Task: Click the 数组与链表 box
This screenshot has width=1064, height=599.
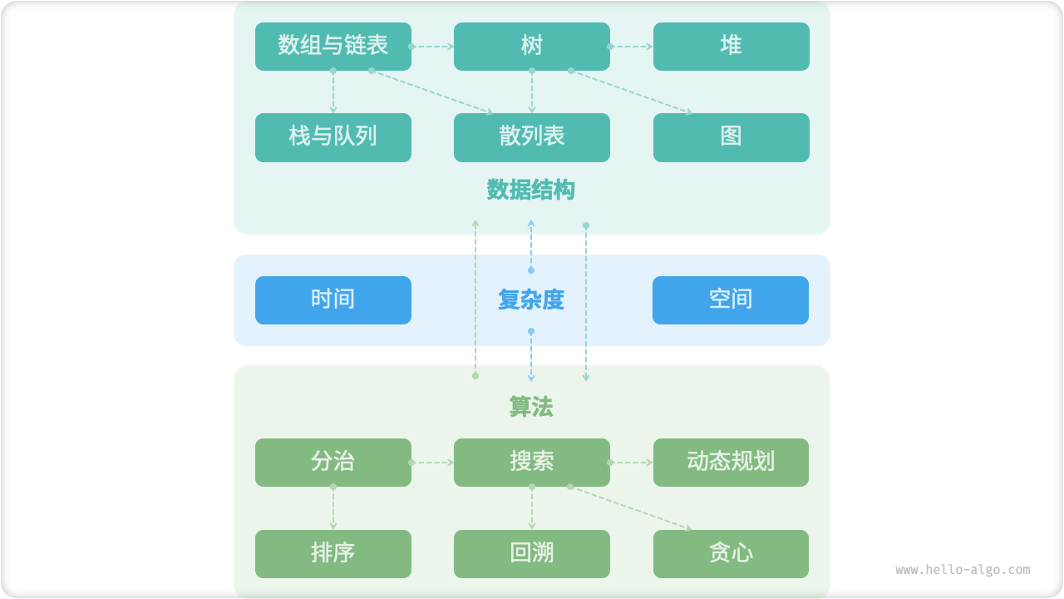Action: (332, 46)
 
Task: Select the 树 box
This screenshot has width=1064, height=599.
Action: (532, 46)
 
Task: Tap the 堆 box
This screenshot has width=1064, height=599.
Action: (731, 46)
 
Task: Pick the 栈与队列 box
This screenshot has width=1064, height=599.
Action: (332, 137)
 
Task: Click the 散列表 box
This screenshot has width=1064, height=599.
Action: (532, 137)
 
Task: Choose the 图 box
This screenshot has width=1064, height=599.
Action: (731, 137)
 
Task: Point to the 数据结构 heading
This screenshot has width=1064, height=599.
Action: (531, 191)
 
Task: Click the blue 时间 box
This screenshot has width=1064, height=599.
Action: (332, 299)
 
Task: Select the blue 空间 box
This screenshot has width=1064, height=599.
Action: (730, 299)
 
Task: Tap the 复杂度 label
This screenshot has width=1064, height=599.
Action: (531, 300)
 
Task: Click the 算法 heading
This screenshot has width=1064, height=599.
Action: (531, 407)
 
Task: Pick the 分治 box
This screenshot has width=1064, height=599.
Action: (332, 462)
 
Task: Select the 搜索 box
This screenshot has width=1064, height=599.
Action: (532, 462)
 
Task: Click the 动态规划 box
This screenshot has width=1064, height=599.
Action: (731, 462)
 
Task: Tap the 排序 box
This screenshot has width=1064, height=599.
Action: (332, 553)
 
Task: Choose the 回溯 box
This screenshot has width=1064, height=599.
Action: (532, 553)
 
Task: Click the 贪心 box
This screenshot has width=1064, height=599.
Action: (731, 553)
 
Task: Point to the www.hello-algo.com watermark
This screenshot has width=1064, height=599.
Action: (963, 570)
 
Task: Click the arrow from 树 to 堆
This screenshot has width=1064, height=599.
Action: (632, 47)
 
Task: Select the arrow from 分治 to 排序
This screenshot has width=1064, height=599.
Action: (333, 508)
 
